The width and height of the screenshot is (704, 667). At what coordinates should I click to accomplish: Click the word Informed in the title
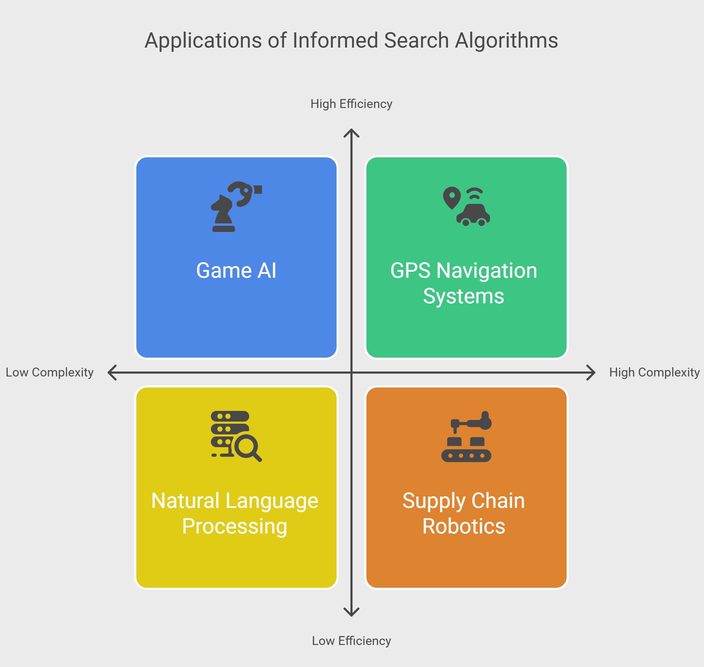(335, 40)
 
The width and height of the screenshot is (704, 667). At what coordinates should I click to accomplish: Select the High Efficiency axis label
(351, 104)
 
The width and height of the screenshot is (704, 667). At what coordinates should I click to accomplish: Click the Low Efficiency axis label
(351, 641)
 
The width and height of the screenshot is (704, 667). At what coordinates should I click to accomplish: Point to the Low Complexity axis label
(50, 372)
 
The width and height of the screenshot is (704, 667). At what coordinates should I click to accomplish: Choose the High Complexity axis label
(655, 372)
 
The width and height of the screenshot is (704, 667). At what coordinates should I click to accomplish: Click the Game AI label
(236, 271)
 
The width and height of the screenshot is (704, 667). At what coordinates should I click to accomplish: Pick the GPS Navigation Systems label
(464, 283)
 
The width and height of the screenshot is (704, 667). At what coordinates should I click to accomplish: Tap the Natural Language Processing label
(235, 514)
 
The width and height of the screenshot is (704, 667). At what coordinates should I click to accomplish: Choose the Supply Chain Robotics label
(464, 514)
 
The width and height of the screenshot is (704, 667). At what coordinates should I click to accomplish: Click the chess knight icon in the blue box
(223, 214)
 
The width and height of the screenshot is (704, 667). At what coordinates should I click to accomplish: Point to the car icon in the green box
(473, 215)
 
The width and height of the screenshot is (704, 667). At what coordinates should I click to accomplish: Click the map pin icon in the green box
(452, 198)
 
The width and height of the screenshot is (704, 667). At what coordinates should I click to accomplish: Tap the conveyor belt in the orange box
(466, 456)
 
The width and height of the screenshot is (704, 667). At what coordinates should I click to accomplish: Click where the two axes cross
(351, 373)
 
